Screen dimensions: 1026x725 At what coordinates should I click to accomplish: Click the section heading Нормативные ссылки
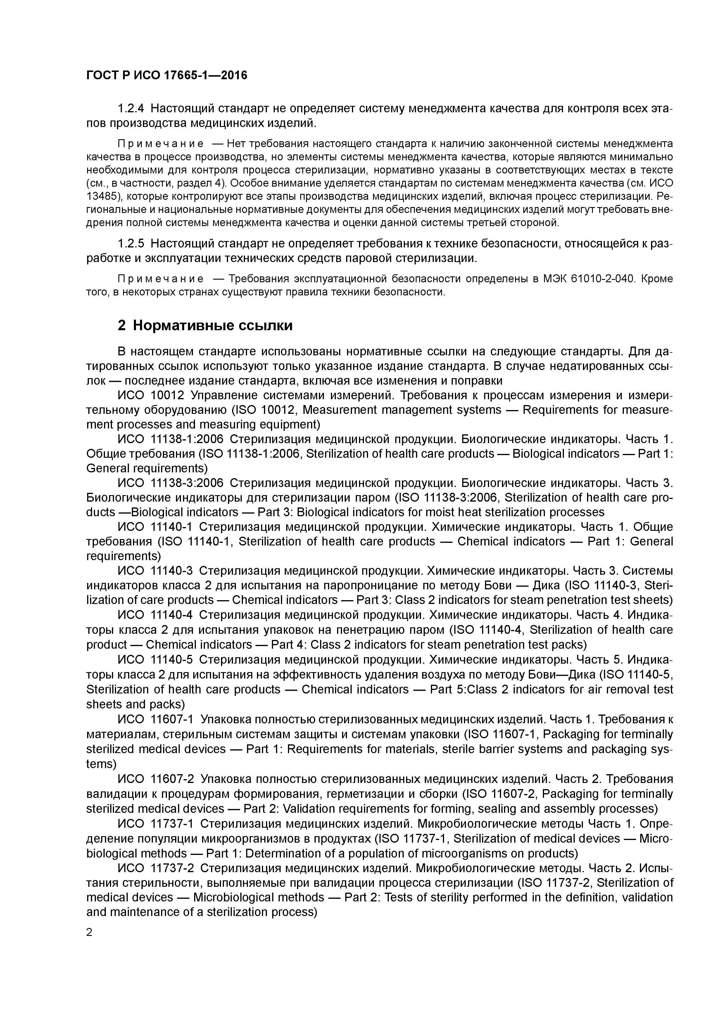[213, 325]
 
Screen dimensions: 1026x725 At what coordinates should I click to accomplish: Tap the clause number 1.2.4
[131, 109]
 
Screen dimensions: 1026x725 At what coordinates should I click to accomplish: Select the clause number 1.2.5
[131, 244]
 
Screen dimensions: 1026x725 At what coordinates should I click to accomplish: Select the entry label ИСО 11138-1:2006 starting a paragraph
[170, 439]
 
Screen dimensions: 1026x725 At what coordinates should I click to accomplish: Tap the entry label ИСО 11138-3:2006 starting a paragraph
[170, 483]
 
